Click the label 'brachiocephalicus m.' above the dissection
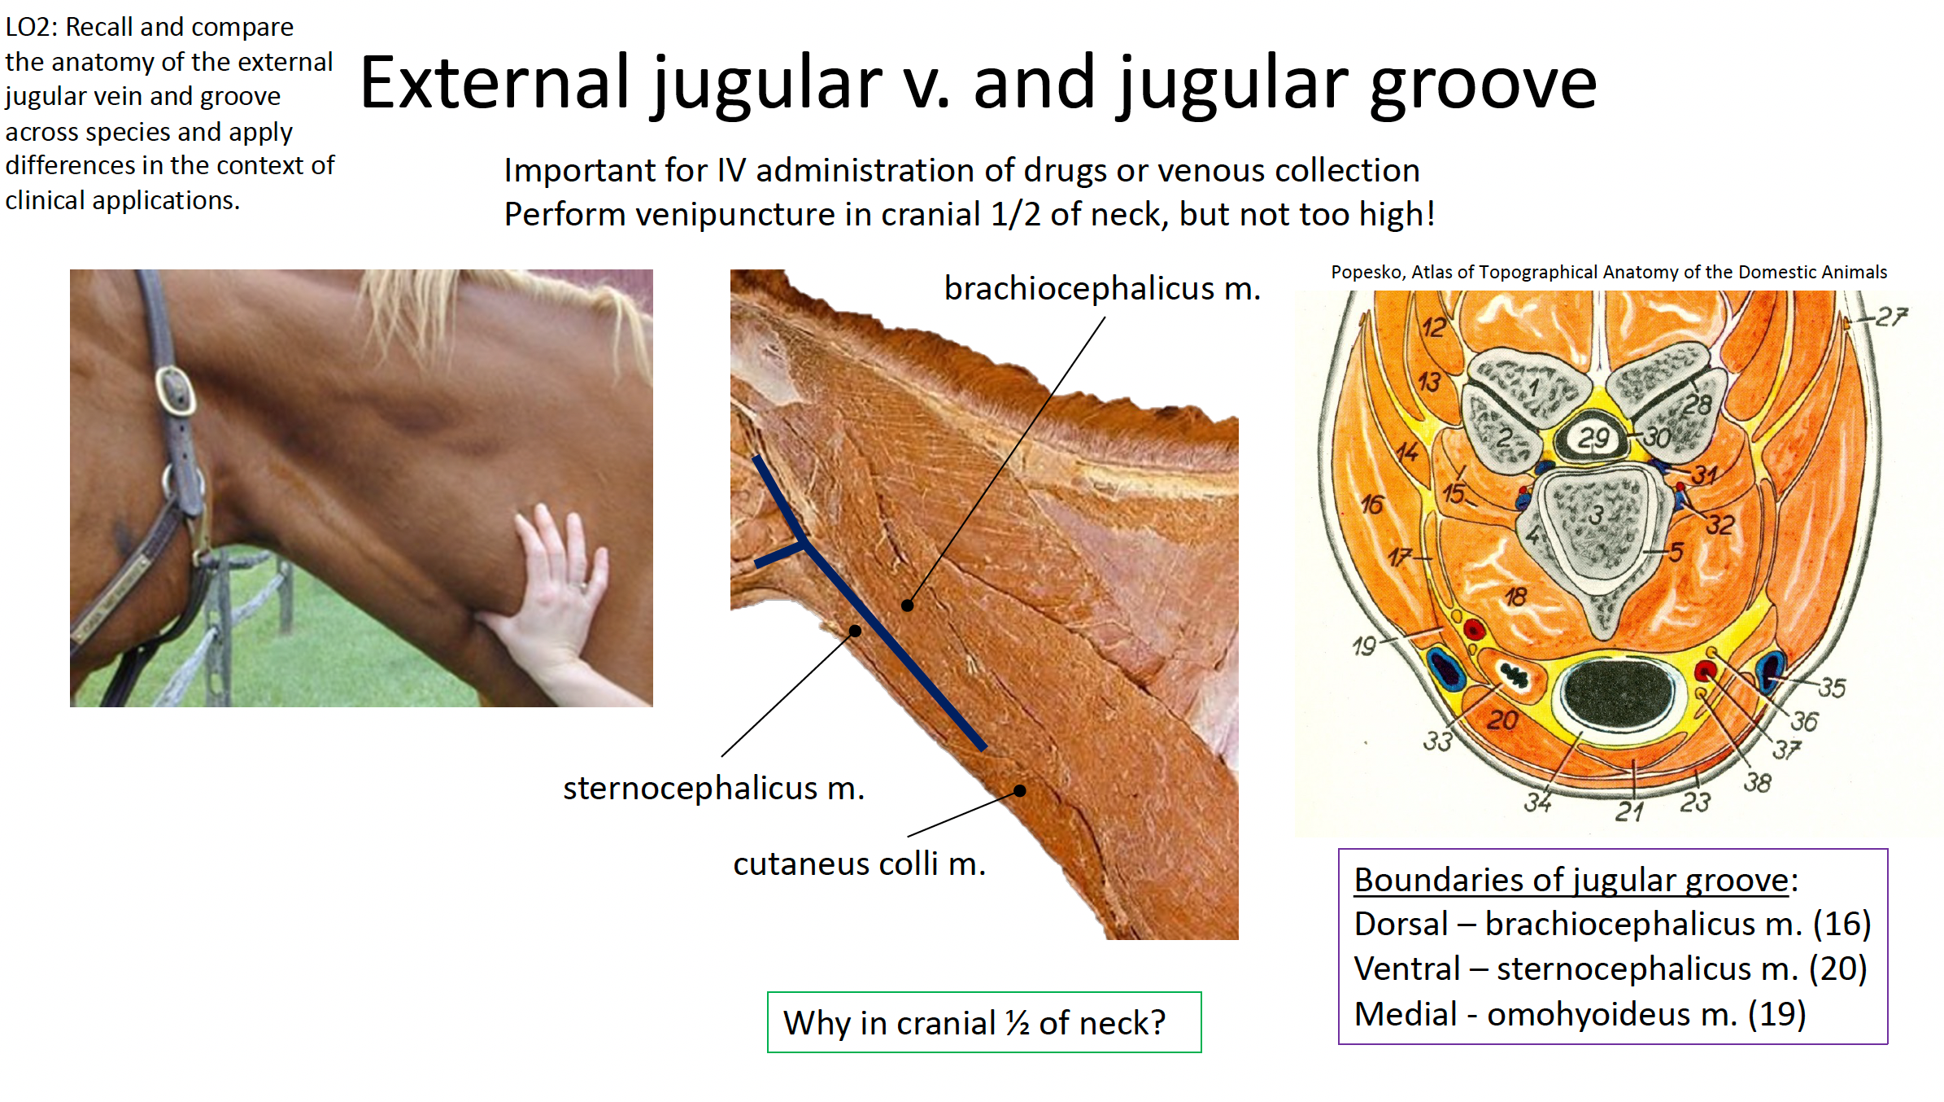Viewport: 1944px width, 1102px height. (x=1102, y=288)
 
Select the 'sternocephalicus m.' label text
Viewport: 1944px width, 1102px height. (x=713, y=788)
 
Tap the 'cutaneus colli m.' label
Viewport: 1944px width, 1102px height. (x=859, y=864)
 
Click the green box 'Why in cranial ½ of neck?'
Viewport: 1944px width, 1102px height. (x=984, y=1022)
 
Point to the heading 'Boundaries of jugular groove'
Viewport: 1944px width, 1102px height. (x=1571, y=881)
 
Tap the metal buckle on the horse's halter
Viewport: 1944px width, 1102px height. (x=174, y=391)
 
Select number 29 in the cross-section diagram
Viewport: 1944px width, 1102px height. (x=1593, y=438)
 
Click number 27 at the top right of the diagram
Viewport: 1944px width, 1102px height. (x=1892, y=317)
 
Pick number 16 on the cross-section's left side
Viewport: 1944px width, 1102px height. (x=1371, y=505)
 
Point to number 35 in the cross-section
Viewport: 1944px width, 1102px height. (x=1832, y=688)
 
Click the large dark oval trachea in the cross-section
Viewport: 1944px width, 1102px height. (x=1618, y=693)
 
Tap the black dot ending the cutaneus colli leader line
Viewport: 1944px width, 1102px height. (x=1019, y=790)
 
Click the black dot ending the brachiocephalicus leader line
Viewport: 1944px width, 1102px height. (x=907, y=606)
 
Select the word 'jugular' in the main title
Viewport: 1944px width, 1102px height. (x=765, y=85)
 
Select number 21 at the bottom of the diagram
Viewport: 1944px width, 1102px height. (x=1630, y=811)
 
